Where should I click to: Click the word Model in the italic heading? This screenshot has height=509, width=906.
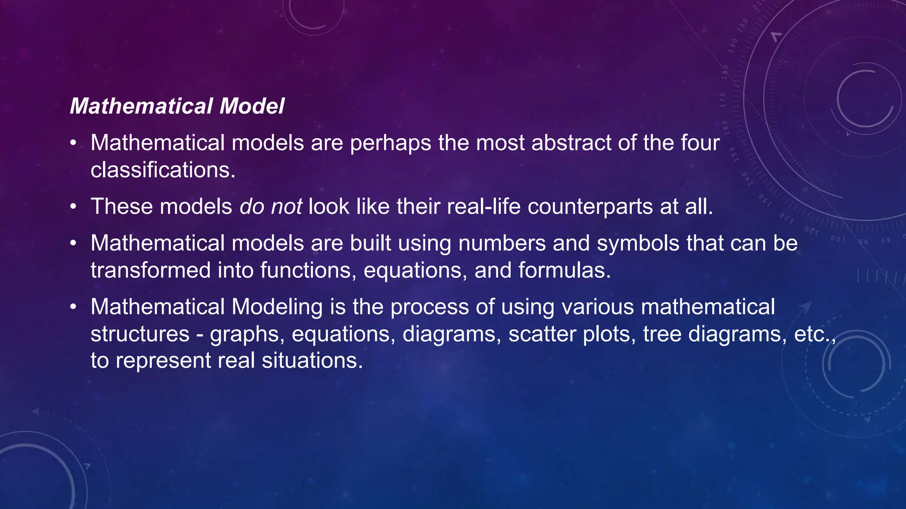[x=252, y=106]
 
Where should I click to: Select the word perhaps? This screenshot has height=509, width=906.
[x=390, y=143]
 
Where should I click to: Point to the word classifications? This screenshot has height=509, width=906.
[x=162, y=170]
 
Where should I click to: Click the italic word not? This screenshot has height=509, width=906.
[x=286, y=206]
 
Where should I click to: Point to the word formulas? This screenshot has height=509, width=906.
[x=564, y=270]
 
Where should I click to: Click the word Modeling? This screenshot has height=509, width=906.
[x=277, y=307]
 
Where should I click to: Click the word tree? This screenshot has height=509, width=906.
[x=662, y=334]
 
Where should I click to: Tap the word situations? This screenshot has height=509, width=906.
[x=312, y=361]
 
